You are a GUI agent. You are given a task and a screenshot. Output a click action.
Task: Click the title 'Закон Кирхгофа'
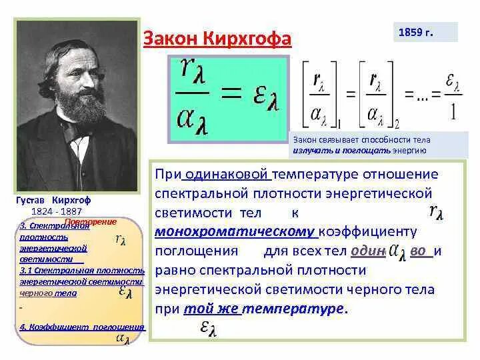point(218,39)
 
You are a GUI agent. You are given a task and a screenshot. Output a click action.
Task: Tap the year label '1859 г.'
point(416,32)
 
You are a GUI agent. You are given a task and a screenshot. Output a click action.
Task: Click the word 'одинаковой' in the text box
point(228,175)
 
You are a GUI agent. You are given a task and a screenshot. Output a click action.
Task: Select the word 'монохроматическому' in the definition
point(235,232)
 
